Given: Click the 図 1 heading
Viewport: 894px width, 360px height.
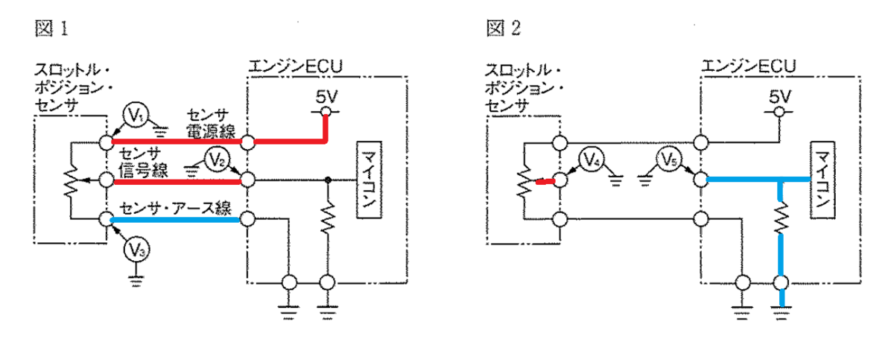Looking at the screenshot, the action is tap(51, 28).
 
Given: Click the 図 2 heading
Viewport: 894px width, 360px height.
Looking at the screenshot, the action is tap(504, 28).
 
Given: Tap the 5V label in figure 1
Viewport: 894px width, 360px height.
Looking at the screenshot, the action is tap(326, 97).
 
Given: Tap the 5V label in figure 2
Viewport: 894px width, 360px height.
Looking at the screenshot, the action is tap(780, 97).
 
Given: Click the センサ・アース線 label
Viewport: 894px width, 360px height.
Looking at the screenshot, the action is tap(176, 208).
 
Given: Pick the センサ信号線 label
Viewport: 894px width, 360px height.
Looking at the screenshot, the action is tap(143, 162).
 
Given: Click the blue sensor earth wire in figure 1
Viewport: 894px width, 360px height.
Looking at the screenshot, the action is tap(175, 220).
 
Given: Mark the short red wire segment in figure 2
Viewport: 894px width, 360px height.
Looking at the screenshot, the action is tap(545, 182).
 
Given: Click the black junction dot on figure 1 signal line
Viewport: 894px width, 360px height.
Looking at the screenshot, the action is tap(328, 180).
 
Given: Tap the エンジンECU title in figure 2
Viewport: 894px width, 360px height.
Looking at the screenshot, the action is tap(748, 66).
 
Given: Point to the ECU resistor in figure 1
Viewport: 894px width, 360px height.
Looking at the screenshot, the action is tap(328, 218).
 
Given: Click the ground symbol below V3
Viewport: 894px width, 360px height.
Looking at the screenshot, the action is tap(136, 281).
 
